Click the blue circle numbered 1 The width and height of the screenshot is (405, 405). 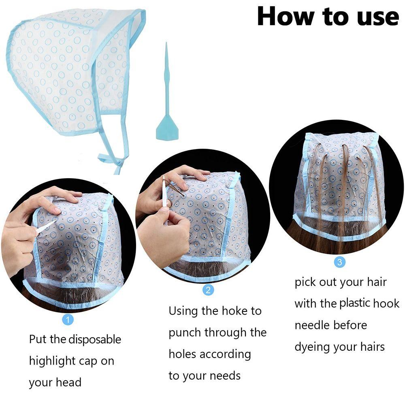click(68, 320)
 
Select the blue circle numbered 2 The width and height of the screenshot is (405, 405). click(208, 290)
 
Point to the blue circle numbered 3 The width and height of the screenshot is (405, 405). click(340, 262)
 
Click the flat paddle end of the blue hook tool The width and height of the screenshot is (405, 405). click(166, 128)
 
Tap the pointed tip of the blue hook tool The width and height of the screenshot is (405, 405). click(166, 43)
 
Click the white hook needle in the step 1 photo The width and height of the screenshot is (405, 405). click(46, 227)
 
